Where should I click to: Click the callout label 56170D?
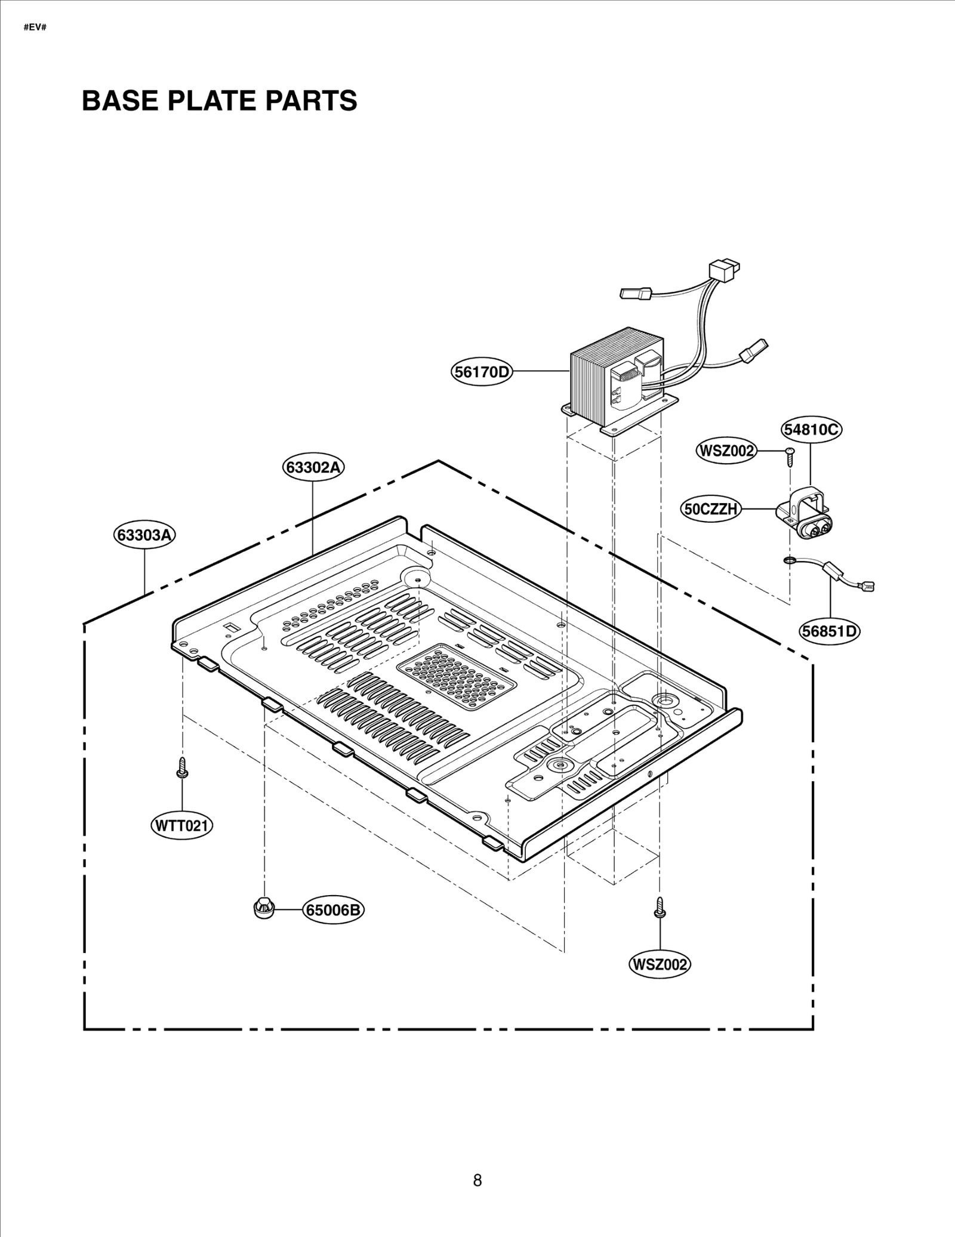[481, 372]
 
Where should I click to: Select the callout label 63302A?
[313, 467]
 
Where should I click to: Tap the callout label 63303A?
[144, 535]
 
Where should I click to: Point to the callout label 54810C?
[811, 429]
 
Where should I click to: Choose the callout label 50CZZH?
[711, 509]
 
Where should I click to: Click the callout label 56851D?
[830, 631]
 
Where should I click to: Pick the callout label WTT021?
[181, 826]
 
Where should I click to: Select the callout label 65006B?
[333, 910]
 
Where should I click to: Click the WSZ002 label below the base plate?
[660, 964]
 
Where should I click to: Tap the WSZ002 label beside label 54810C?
[726, 451]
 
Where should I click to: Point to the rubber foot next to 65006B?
[263, 908]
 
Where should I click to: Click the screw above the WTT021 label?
[181, 768]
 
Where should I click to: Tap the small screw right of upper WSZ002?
[790, 456]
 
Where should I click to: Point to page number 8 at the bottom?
[477, 1180]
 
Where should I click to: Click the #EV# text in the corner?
[35, 28]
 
